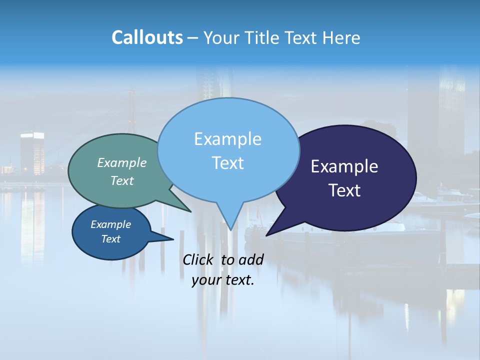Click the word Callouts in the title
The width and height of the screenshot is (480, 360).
pyautogui.click(x=147, y=37)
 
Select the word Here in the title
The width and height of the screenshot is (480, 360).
pyautogui.click(x=341, y=37)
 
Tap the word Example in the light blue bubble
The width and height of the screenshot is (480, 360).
pyautogui.click(x=227, y=139)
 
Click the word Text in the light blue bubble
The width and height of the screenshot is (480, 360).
pyautogui.click(x=227, y=163)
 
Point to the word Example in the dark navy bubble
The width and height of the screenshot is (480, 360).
pyautogui.click(x=344, y=166)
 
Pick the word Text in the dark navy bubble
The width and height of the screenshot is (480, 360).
pyautogui.click(x=344, y=190)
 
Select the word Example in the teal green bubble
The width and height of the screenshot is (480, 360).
pyautogui.click(x=122, y=162)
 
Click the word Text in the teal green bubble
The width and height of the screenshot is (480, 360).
pyautogui.click(x=122, y=180)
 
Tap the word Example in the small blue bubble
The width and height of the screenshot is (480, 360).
pyautogui.click(x=110, y=224)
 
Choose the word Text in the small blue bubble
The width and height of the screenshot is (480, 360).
pyautogui.click(x=110, y=239)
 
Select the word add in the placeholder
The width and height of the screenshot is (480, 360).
pyautogui.click(x=251, y=259)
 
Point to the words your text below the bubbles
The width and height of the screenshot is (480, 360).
pyautogui.click(x=223, y=280)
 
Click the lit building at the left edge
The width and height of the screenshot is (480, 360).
pyautogui.click(x=32, y=152)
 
